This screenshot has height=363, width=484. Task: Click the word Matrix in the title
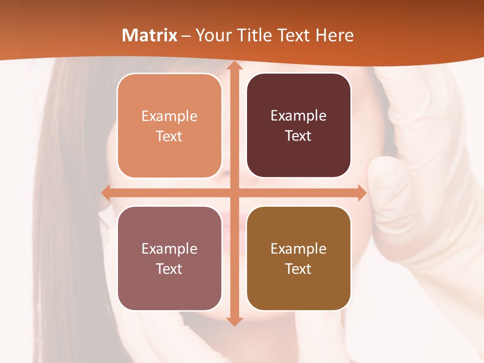point(150,35)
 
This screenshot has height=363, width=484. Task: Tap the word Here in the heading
point(334,35)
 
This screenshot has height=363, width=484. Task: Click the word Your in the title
point(213,35)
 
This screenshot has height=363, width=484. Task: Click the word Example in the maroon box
point(298,115)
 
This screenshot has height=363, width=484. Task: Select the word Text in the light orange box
point(169,136)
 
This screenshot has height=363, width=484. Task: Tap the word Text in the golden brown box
point(298,269)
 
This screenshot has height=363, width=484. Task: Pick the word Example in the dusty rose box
point(169,249)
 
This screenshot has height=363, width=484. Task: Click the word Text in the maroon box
point(298,136)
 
